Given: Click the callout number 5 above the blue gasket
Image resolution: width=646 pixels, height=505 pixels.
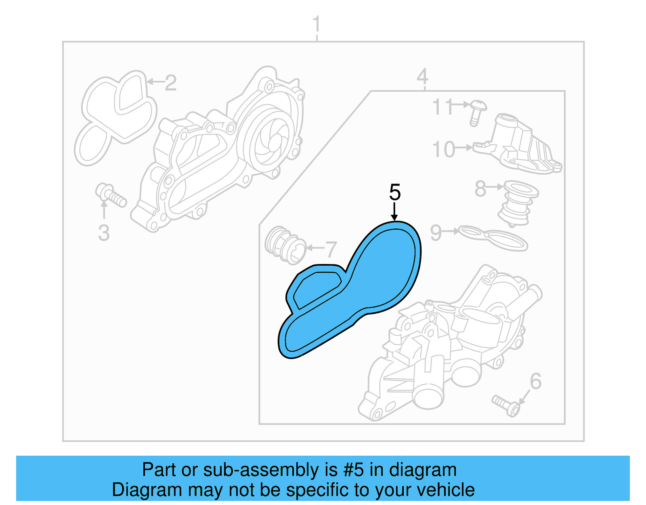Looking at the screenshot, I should click(x=394, y=192).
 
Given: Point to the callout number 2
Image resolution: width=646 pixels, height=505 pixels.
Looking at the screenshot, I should click(x=170, y=83).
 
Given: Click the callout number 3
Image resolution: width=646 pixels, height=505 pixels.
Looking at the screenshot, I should click(x=104, y=233).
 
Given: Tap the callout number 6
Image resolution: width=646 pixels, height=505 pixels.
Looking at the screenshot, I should click(x=535, y=381).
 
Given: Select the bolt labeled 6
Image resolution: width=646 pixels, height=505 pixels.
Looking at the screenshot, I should click(x=507, y=406).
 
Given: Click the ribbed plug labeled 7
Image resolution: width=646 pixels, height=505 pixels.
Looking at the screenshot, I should click(x=285, y=245).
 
